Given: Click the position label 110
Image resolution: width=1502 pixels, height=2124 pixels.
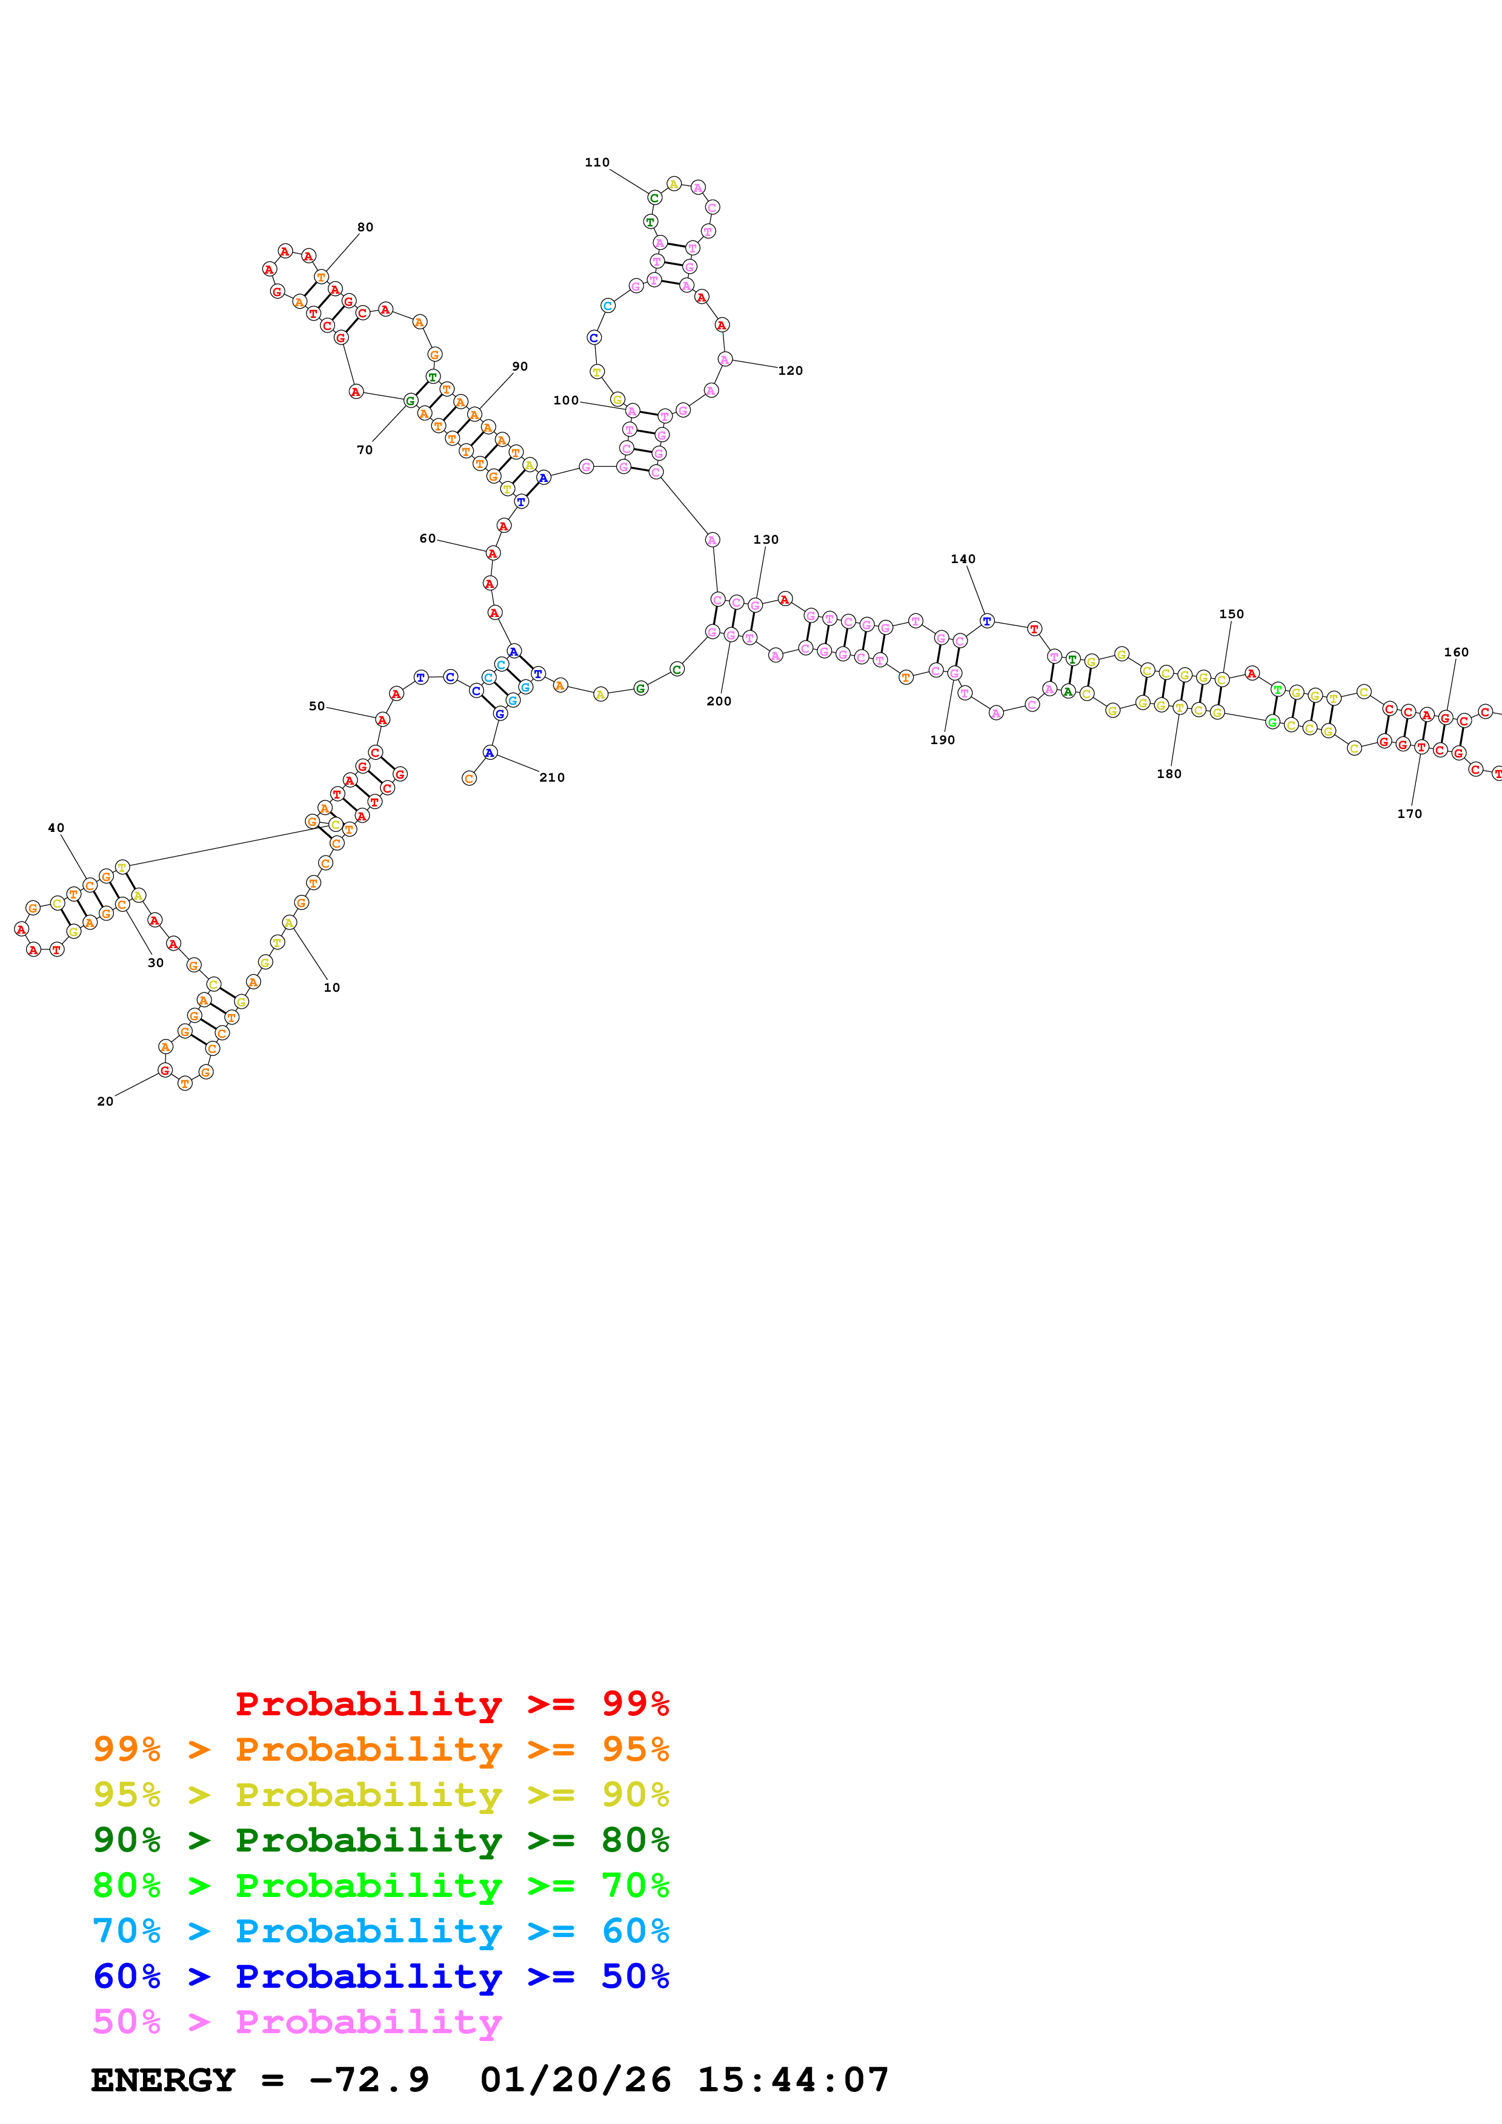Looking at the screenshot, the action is (x=597, y=163).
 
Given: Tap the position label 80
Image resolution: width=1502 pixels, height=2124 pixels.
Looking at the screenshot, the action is (x=365, y=228).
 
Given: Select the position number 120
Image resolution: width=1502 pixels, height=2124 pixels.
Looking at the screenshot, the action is (x=790, y=371).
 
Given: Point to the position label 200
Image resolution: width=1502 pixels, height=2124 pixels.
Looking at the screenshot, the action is (x=719, y=701).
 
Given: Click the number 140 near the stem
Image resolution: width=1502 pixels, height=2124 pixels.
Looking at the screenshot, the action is (x=963, y=559).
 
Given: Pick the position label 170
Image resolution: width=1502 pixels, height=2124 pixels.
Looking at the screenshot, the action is (x=1409, y=814).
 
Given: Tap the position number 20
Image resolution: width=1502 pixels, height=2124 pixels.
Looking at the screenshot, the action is (x=105, y=1101).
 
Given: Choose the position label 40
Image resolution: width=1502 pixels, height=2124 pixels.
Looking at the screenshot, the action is (x=56, y=828).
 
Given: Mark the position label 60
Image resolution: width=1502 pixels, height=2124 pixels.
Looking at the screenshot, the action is (x=428, y=538).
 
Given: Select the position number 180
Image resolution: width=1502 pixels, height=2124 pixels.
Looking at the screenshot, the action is (x=1169, y=774).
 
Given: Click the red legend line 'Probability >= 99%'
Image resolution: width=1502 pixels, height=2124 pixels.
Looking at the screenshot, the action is (x=451, y=1703).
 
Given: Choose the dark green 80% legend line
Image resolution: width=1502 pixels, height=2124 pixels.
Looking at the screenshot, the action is (x=381, y=1840).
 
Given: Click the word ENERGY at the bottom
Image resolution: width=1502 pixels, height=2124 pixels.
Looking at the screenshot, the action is (x=163, y=2080).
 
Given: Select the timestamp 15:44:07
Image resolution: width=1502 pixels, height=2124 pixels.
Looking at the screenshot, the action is (x=793, y=2080).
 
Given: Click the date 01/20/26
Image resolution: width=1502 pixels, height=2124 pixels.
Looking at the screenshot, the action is (x=576, y=2080).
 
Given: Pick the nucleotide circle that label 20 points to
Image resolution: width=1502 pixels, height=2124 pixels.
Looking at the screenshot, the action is (x=165, y=1070).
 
